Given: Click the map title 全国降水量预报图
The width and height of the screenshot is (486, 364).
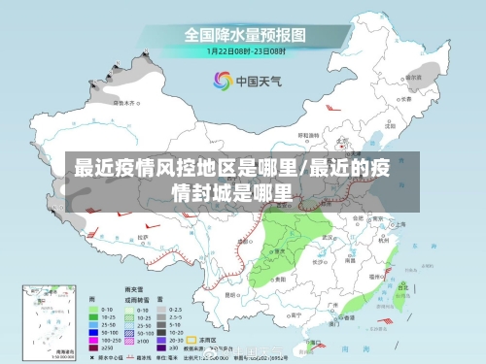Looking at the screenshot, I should [245, 34].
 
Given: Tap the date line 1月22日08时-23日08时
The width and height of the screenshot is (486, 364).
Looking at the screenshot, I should [244, 50].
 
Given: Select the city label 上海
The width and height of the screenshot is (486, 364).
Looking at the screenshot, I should [399, 225].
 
